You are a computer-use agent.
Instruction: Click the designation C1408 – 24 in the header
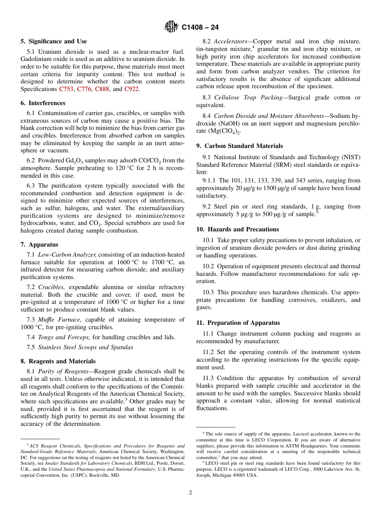click(x=200, y=28)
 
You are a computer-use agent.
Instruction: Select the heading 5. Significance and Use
click(x=54, y=41)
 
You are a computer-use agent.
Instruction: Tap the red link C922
click(x=132, y=89)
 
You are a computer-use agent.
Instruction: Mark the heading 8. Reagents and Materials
click(x=58, y=361)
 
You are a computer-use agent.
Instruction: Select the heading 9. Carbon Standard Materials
click(x=239, y=146)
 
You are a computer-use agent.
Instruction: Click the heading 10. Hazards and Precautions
click(x=237, y=229)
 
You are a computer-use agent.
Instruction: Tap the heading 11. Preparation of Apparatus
click(x=238, y=323)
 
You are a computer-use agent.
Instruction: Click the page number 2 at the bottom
click(x=190, y=493)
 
